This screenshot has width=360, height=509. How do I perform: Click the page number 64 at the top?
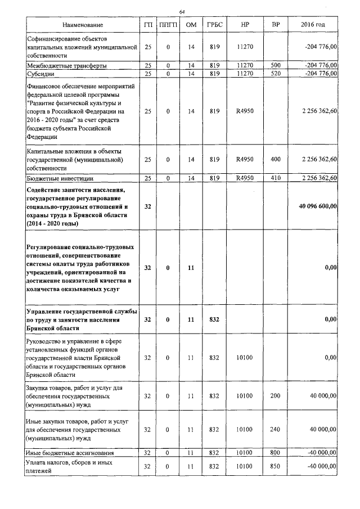[182, 12]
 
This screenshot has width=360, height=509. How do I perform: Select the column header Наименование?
[83, 26]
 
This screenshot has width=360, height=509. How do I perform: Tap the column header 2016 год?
[313, 26]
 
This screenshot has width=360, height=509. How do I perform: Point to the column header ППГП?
[168, 26]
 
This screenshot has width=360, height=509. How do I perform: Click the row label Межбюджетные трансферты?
[67, 66]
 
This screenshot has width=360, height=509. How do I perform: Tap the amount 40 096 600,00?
[317, 207]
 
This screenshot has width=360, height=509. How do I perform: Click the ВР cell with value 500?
[275, 66]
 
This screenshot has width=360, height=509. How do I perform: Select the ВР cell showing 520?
[275, 73]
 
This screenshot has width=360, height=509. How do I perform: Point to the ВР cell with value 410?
[275, 178]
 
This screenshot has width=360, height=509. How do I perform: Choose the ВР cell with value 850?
[275, 466]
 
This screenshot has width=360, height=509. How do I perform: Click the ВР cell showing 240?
[275, 429]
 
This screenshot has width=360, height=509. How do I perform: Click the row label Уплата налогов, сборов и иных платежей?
[69, 466]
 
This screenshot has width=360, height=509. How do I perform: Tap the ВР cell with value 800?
[275, 452]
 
